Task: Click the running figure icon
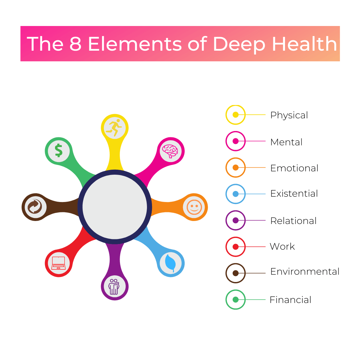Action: [x=114, y=127]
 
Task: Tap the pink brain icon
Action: [x=170, y=151]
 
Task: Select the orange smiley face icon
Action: [x=194, y=207]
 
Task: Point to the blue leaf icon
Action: [x=171, y=263]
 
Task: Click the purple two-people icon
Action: [x=114, y=287]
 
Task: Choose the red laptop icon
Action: [x=59, y=263]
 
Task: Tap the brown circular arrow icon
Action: [x=35, y=207]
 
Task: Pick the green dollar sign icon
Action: [x=59, y=151]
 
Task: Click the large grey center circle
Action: [x=115, y=207]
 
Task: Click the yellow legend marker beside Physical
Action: [x=236, y=115]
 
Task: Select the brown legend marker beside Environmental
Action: [x=236, y=273]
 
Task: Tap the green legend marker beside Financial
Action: [x=236, y=300]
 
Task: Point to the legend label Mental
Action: [x=286, y=142]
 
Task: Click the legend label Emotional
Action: [x=294, y=168]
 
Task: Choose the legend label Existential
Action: [x=294, y=194]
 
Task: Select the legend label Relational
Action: [x=293, y=221]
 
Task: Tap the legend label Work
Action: [x=282, y=246]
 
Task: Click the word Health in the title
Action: [x=304, y=44]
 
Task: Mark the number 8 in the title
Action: [x=76, y=44]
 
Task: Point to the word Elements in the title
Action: [x=135, y=44]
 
